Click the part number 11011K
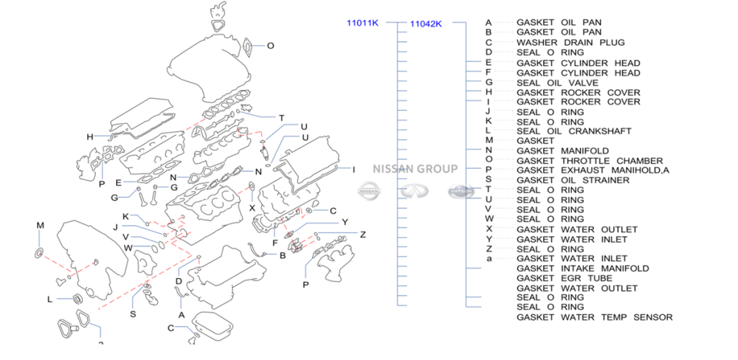[x=362, y=23]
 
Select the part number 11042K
[x=426, y=24]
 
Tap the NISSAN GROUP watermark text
[x=414, y=168]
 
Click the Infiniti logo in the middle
[x=414, y=191]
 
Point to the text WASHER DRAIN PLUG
[x=570, y=43]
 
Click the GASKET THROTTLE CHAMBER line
[x=589, y=161]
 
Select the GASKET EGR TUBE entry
[x=565, y=278]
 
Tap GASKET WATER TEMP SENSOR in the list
[x=594, y=317]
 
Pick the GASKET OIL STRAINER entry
[x=573, y=180]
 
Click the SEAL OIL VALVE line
[x=557, y=83]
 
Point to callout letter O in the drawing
[x=270, y=46]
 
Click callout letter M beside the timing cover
[x=41, y=225]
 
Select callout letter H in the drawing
[x=89, y=136]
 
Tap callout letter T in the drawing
[x=281, y=118]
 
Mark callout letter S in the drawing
[x=133, y=314]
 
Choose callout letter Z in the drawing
[x=362, y=235]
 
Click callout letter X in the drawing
[x=252, y=208]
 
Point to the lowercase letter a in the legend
[x=489, y=259]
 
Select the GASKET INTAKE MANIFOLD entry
[x=582, y=269]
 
